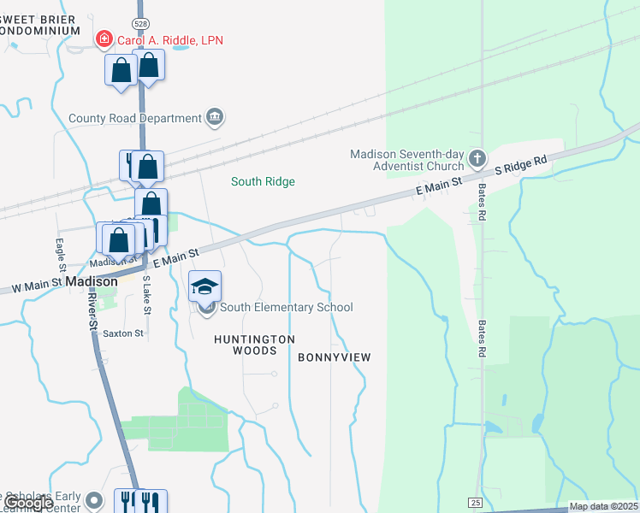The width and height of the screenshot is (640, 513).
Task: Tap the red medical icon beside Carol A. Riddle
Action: pos(104,39)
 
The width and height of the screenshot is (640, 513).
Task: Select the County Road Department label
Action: pos(134,118)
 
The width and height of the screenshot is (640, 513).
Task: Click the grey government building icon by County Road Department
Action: pos(214,117)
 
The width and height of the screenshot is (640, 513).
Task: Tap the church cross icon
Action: pos(477,159)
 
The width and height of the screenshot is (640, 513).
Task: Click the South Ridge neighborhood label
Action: pos(263,181)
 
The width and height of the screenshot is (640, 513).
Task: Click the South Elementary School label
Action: pos(287,308)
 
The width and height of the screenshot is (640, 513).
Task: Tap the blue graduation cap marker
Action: pos(205,286)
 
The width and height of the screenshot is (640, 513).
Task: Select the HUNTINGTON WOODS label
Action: pos(254,345)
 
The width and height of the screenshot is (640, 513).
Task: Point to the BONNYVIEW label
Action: pos(335,357)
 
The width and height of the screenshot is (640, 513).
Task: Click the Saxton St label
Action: pos(123,333)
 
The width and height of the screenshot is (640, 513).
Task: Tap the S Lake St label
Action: pos(146,295)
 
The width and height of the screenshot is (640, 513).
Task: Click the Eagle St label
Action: pos(60,252)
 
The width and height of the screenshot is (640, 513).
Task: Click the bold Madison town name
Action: pos(91,280)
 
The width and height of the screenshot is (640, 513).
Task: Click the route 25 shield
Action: pos(477,500)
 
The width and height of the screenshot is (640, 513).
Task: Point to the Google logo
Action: pos(29,503)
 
